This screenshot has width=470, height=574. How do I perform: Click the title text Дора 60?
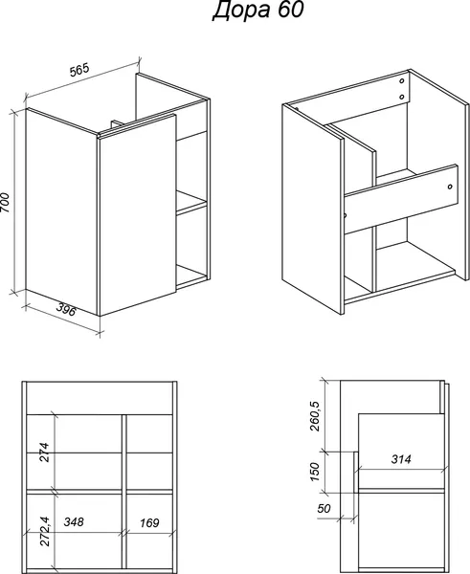[257, 10]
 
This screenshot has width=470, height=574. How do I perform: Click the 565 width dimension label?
[79, 70]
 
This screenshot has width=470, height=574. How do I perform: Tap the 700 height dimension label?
[6, 202]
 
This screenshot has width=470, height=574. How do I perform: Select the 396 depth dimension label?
[66, 310]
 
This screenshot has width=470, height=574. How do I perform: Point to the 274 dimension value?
[44, 452]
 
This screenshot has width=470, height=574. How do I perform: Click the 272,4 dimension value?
[44, 531]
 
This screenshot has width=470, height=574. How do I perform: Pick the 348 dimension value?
[74, 521]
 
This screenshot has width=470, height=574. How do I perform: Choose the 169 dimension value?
[149, 522]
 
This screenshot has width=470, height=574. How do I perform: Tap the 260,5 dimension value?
[315, 416]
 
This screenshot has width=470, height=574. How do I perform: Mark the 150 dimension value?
[315, 472]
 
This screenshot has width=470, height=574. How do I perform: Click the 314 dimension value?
[401, 459]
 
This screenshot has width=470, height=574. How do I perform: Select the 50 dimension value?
[324, 508]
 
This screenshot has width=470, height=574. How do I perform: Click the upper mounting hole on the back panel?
[401, 81]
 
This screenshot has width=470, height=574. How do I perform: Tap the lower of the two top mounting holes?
[401, 97]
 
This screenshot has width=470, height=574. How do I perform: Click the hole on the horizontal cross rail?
[450, 187]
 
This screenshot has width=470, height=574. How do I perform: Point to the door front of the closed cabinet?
[138, 215]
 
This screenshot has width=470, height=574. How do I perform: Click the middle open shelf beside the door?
[191, 202]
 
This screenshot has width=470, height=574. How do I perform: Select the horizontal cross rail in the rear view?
[401, 199]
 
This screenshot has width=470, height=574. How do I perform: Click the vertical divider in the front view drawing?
[123, 491]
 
